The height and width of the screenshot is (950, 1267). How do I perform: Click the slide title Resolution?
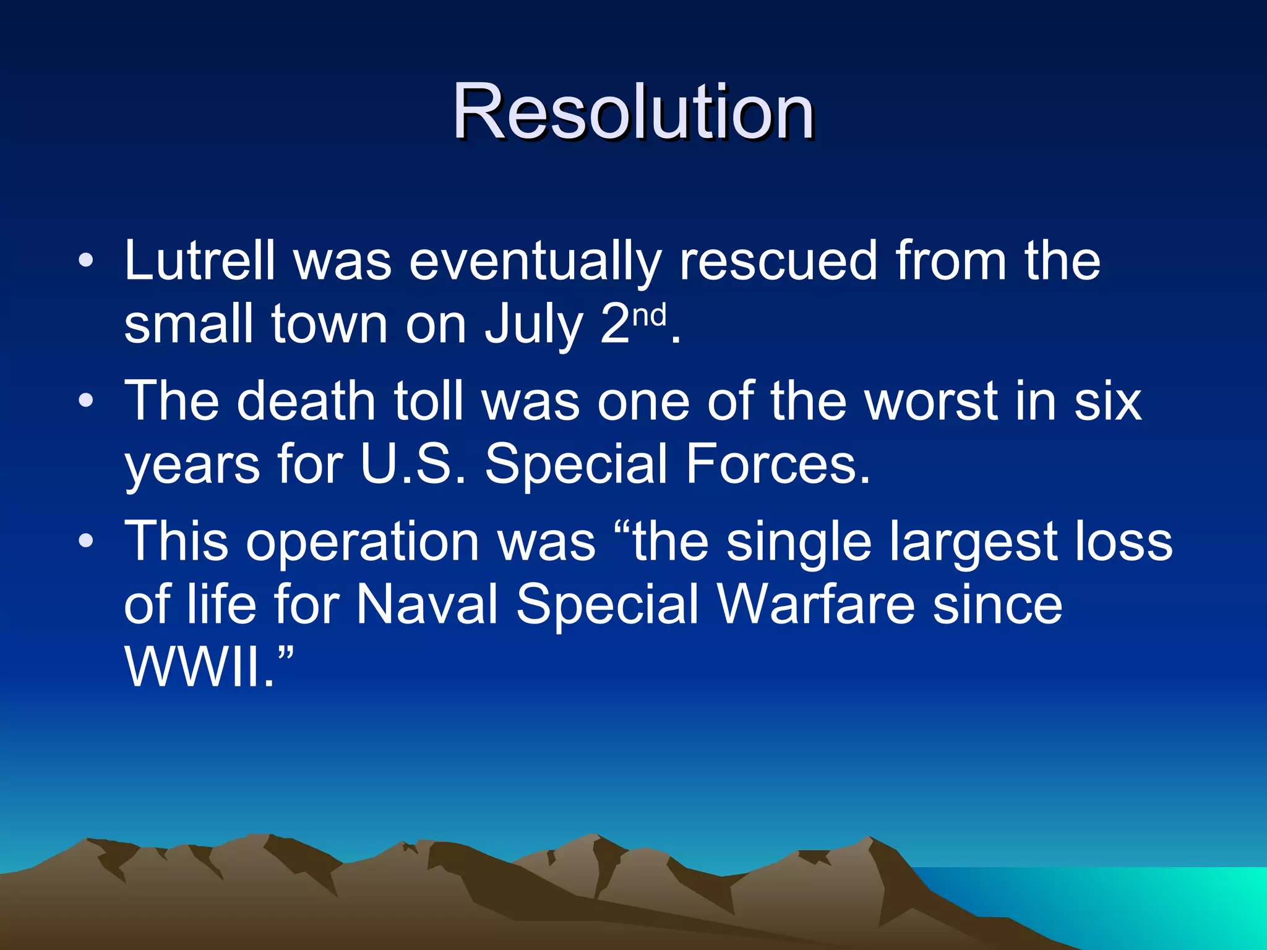(x=632, y=113)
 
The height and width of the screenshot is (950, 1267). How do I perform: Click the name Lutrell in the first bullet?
(x=199, y=261)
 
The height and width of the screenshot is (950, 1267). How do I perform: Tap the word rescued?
(x=778, y=261)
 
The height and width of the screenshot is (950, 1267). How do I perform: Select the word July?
(x=534, y=326)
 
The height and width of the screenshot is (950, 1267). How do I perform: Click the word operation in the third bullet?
(x=363, y=542)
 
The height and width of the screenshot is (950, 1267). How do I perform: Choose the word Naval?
(x=427, y=604)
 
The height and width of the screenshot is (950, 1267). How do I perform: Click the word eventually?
(x=535, y=261)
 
